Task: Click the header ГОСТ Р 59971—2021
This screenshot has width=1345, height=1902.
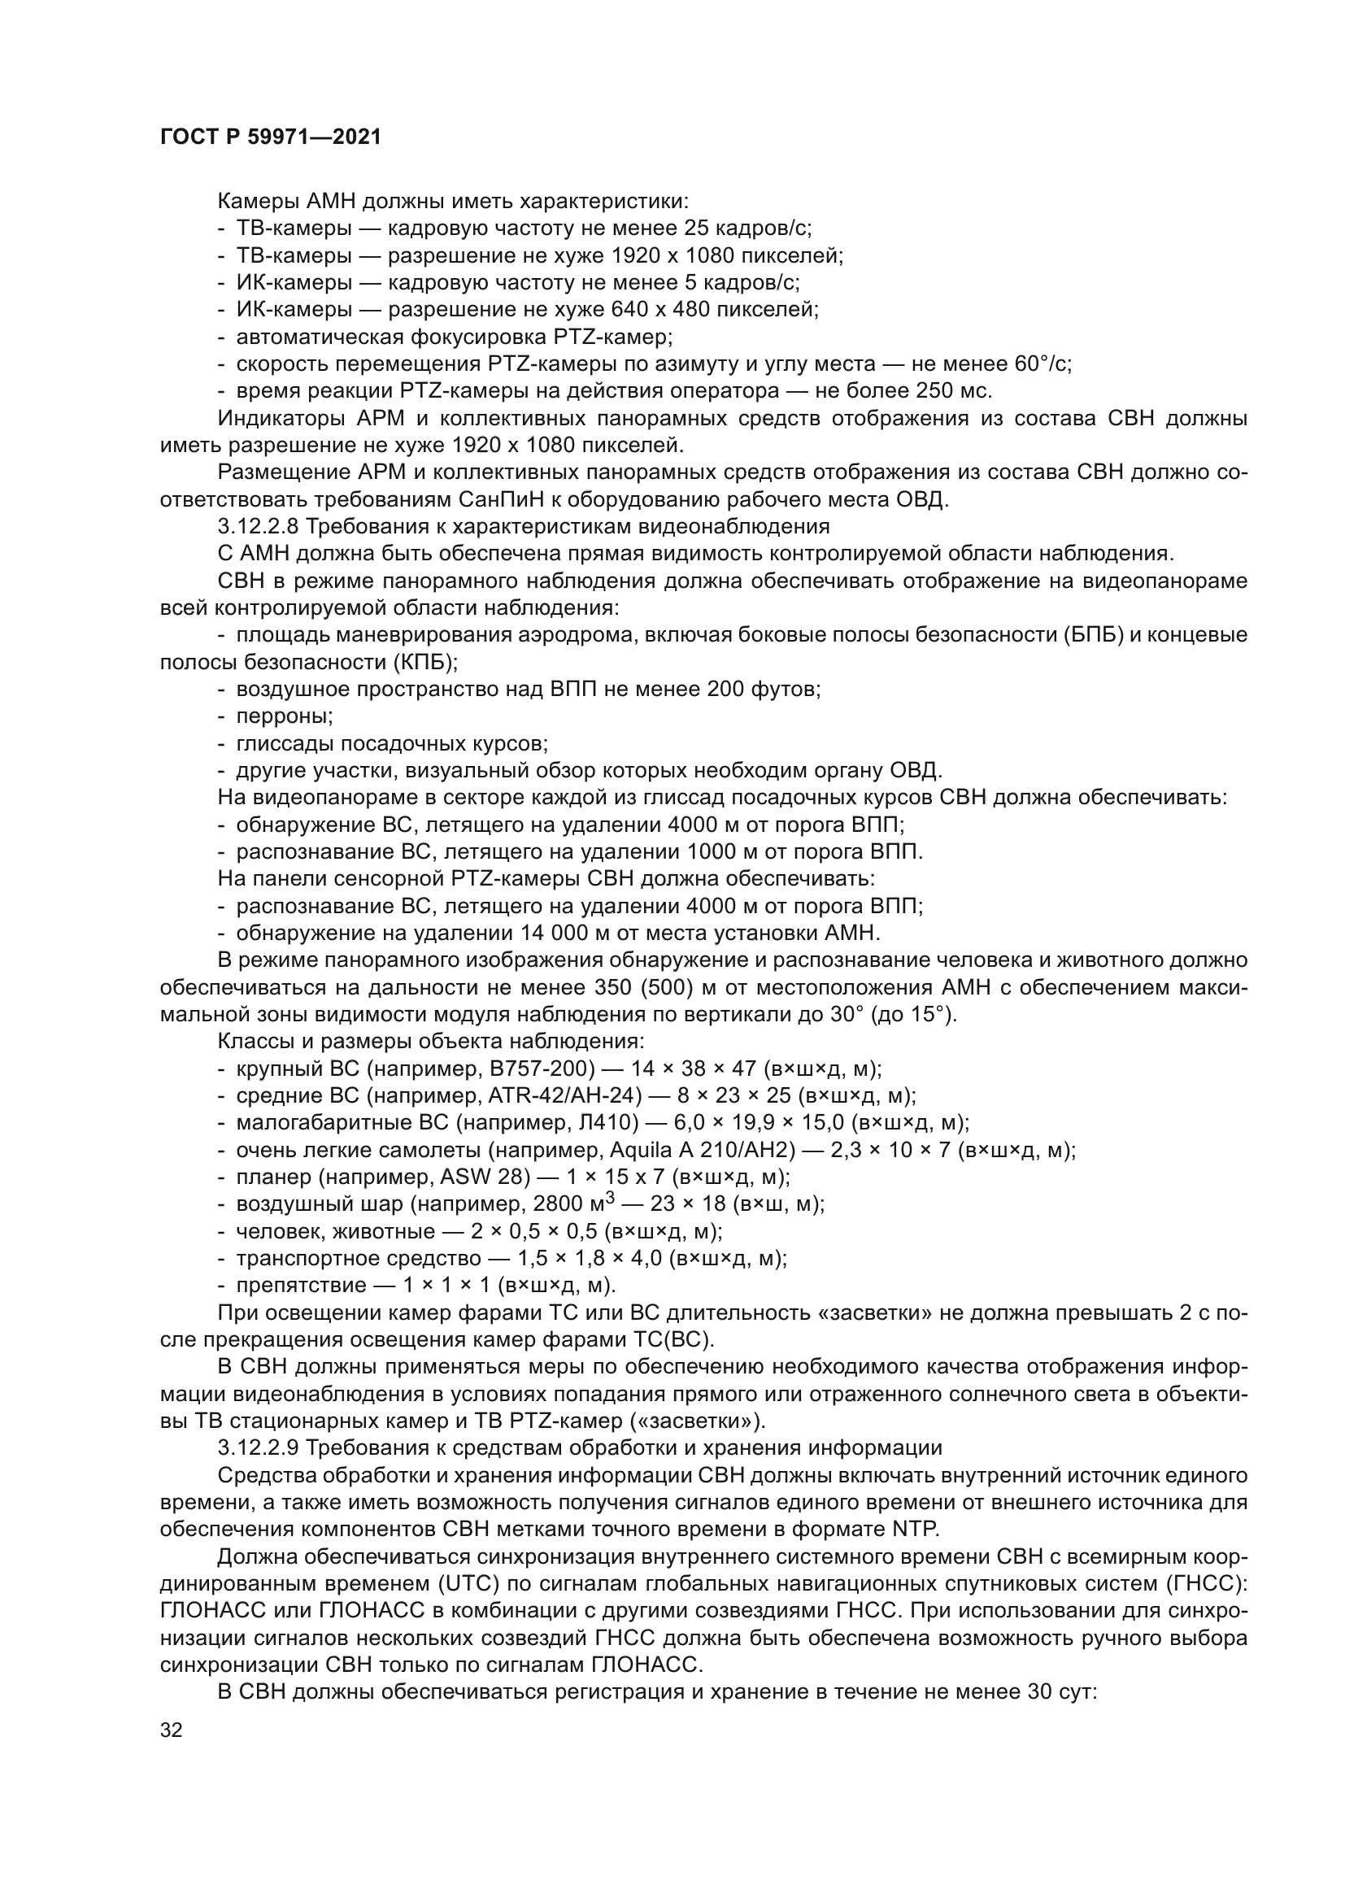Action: [271, 137]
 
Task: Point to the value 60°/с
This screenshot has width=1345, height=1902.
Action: [1042, 363]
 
